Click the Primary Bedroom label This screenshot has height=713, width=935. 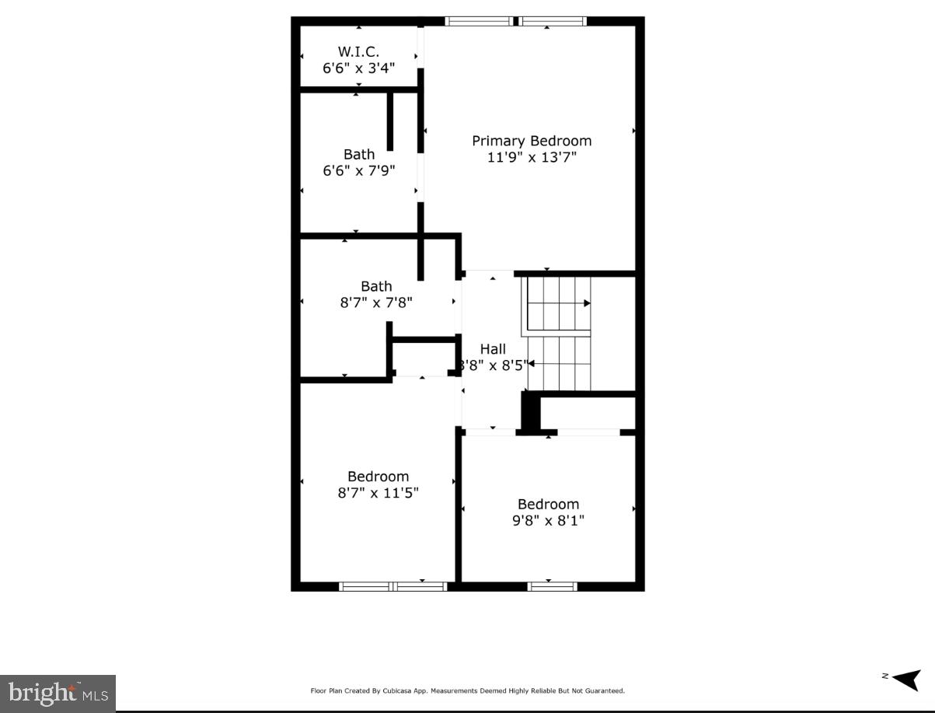pos(532,141)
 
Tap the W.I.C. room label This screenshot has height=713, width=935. pos(358,51)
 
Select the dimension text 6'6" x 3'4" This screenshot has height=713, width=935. pos(358,68)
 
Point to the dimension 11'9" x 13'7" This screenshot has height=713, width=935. pos(532,157)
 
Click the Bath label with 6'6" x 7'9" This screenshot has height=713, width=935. pos(358,154)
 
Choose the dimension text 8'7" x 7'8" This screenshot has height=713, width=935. pos(375,302)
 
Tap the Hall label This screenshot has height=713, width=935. pos(493,349)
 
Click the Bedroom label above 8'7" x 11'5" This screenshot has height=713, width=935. pos(378,477)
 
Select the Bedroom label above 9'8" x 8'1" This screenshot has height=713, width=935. pos(548,504)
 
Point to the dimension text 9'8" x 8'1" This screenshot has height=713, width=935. pos(548,520)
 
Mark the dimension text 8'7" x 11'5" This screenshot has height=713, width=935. pos(378,493)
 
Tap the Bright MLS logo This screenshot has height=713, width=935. pos(58,691)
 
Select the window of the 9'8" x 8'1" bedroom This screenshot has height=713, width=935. pos(553,586)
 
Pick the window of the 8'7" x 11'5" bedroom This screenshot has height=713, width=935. pos(393,586)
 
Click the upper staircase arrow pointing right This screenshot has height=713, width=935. pos(587,303)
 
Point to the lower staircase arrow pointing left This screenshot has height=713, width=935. pos(532,363)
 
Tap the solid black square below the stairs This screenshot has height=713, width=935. pos(530,411)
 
